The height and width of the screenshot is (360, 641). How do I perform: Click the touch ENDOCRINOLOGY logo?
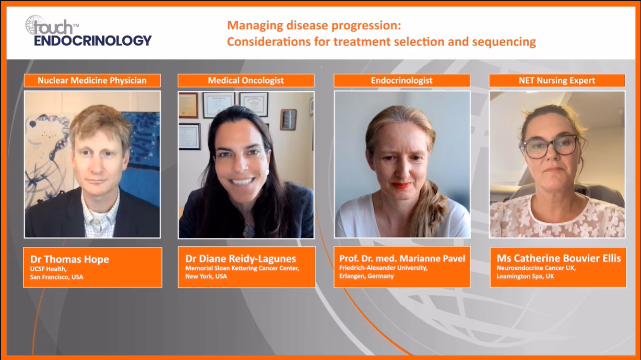88,31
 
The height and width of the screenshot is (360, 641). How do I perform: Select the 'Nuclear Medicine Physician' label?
92,81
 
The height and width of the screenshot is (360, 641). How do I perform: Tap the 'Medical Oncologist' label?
246,81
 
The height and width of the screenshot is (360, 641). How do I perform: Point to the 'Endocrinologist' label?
401,81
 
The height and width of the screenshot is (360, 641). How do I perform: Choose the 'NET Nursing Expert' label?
557,81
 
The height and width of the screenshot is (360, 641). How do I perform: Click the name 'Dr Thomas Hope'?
69,259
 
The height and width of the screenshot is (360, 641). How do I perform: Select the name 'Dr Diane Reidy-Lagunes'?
241,258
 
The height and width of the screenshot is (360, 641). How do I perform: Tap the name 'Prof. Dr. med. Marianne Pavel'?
402,258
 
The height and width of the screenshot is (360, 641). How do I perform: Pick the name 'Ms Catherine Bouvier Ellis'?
559,258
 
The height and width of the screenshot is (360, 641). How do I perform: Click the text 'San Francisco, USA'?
57,277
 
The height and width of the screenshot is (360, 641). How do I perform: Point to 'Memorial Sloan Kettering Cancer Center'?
242,268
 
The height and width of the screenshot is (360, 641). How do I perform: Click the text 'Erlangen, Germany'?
366,276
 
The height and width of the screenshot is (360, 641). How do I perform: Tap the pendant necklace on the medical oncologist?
248,231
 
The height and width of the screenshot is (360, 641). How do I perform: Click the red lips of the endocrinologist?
401,186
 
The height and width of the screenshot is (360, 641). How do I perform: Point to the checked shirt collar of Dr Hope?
100,210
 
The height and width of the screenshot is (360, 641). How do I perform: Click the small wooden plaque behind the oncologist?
288,119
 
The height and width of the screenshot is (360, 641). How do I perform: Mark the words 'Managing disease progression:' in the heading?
314,26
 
